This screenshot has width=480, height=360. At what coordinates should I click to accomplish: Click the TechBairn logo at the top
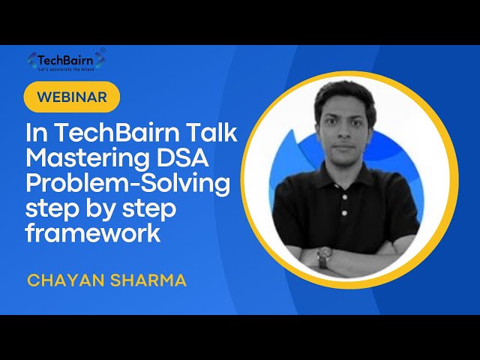tap(66, 59)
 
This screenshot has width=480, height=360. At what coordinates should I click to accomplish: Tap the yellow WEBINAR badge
tap(71, 97)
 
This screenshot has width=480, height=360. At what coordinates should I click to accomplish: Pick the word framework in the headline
tap(93, 234)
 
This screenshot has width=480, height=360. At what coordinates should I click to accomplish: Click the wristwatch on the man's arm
tap(323, 256)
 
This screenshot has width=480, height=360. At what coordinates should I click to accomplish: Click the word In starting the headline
tap(37, 133)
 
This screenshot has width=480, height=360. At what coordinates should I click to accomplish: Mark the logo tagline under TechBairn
tap(66, 68)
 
